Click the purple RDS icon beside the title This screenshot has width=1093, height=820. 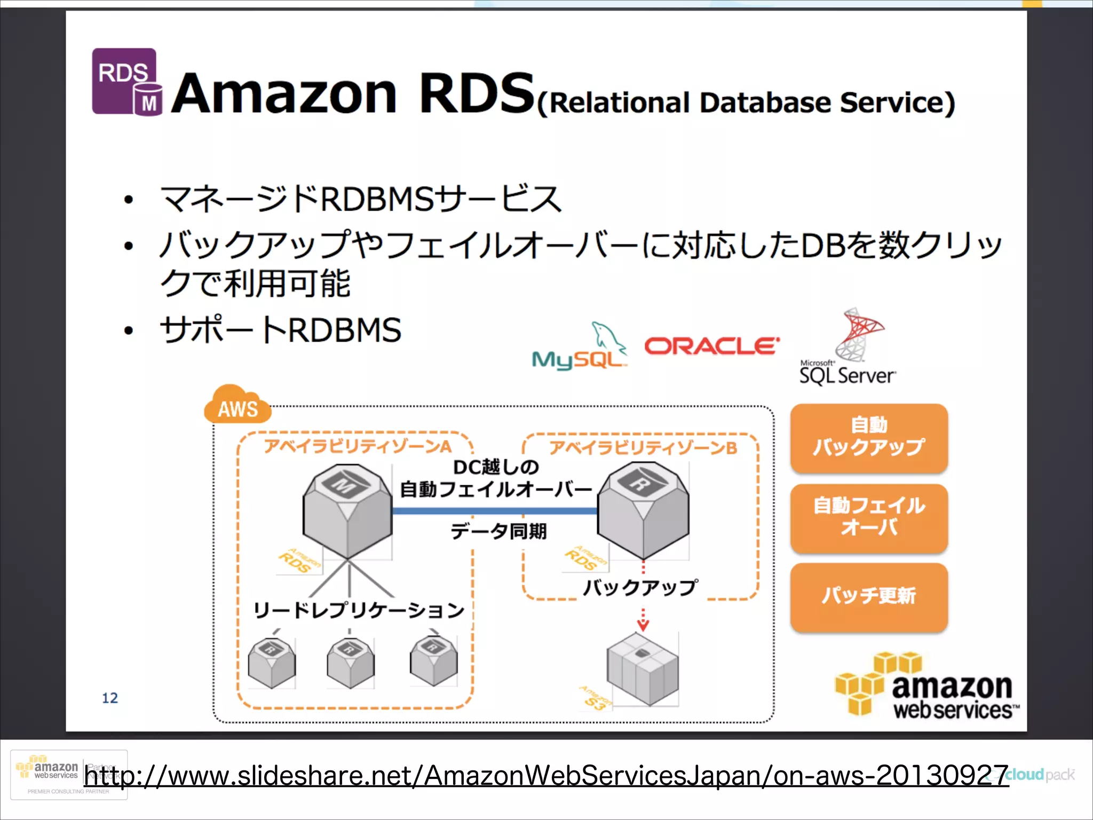point(126,82)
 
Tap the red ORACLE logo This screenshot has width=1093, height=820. point(712,346)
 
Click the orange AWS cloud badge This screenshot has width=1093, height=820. point(237,406)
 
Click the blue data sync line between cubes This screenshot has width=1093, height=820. point(494,511)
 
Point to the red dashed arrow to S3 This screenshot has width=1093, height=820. point(643,619)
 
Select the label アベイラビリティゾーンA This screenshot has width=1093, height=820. point(358,446)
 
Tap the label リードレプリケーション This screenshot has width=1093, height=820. point(359,610)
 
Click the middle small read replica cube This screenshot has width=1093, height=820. point(351,663)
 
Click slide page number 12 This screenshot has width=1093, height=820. point(110,698)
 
